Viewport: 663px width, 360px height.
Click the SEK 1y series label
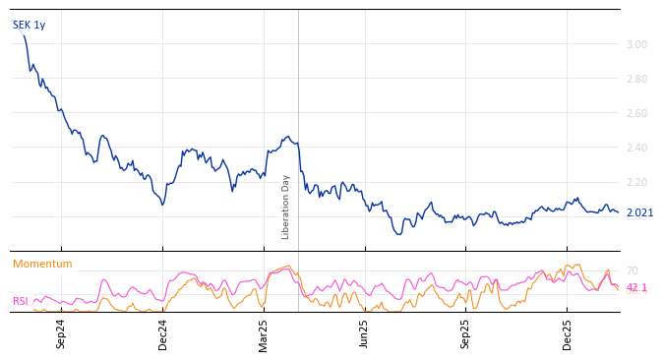coord(29,26)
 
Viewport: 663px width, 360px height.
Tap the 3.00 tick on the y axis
coord(636,44)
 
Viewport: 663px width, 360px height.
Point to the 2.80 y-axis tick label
coord(636,79)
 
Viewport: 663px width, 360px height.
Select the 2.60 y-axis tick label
coord(636,113)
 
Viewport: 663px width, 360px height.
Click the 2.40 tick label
coord(636,148)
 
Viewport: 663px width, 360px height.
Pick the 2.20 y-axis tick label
coord(636,182)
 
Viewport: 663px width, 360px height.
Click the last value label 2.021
coord(639,212)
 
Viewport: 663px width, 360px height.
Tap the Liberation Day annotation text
coord(286,207)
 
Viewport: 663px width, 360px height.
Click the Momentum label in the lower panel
coord(42,264)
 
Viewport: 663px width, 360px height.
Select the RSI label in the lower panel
coord(20,301)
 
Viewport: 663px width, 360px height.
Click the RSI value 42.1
coord(636,287)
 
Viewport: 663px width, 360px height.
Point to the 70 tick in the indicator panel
coord(633,270)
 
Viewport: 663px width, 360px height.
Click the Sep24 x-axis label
coord(61,333)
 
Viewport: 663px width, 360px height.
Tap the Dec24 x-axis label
coord(163,333)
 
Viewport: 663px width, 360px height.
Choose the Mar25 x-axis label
coord(264,333)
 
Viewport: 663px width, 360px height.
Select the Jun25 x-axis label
coord(365,333)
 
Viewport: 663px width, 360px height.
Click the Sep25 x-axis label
coord(466,333)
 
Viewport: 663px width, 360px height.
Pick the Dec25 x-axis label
coord(568,333)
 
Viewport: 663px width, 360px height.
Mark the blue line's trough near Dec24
coord(162,204)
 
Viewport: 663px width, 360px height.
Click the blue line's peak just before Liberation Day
coord(287,137)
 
